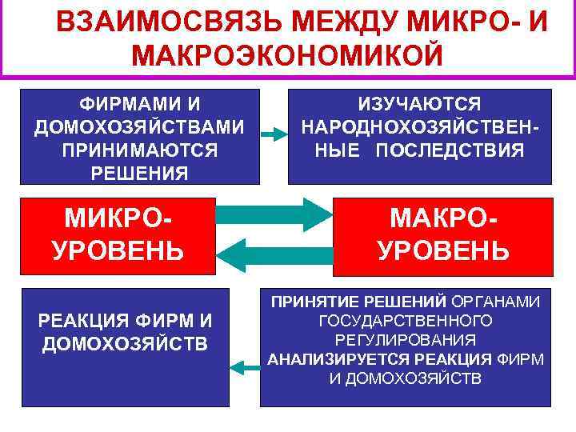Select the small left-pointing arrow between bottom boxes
tap(244, 367)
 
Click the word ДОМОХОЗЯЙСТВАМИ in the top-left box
tap(140, 128)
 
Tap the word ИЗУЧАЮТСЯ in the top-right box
tap(419, 105)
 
